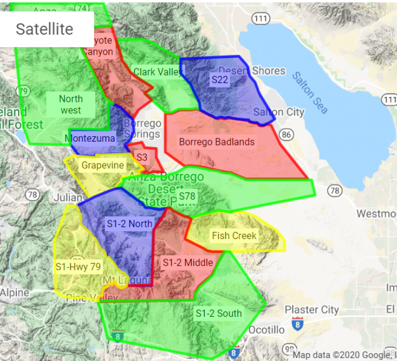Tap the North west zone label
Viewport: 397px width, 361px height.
point(71,104)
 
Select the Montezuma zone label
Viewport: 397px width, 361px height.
point(90,138)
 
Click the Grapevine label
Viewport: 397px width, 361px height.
point(103,165)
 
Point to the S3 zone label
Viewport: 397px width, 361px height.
point(142,157)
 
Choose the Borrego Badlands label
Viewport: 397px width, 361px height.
point(217,142)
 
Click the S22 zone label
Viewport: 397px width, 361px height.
point(220,79)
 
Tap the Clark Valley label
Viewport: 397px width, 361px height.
point(158,72)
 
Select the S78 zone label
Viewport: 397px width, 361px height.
point(187,196)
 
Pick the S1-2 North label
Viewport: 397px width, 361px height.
point(130,223)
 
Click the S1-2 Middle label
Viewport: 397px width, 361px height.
point(188,263)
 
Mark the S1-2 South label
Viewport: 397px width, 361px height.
point(218,313)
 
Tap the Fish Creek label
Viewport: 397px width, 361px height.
point(234,236)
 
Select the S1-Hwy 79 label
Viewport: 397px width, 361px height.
point(78,266)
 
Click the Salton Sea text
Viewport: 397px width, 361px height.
point(310,93)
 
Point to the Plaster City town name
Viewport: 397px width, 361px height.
point(312,310)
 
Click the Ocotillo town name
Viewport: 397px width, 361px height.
point(267,330)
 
